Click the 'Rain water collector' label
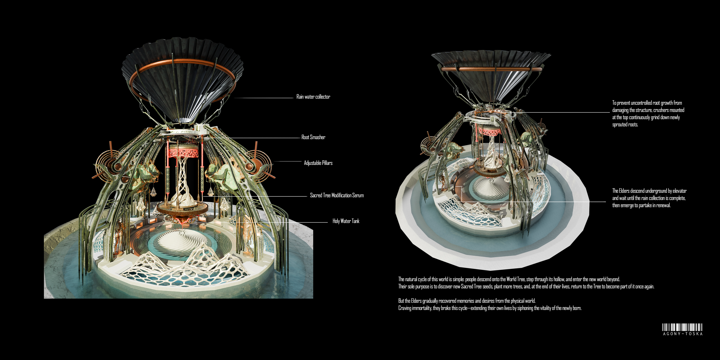pos(313,97)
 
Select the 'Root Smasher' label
pos(313,137)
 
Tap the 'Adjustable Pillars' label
pos(318,163)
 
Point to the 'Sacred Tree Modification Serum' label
pos(337,195)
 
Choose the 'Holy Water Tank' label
pos(346,221)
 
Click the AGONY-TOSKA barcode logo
pos(682,329)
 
